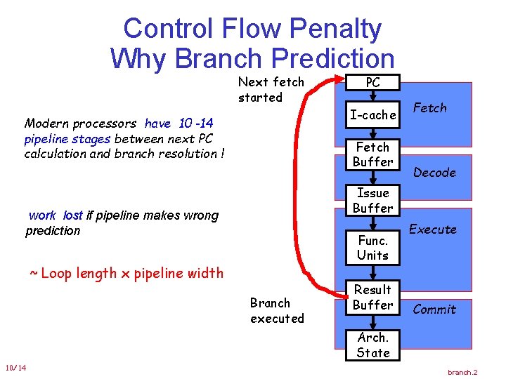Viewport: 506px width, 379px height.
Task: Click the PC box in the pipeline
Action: coord(372,82)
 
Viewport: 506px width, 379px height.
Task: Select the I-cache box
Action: coord(372,114)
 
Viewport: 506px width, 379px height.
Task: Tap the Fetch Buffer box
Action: coord(372,154)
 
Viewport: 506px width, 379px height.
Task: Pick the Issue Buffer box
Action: coord(372,200)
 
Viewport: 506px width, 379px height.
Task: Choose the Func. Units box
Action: coord(372,248)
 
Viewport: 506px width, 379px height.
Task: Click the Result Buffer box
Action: coord(372,297)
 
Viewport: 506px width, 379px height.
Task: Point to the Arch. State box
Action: coord(372,345)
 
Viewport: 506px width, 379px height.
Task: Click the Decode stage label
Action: coord(435,173)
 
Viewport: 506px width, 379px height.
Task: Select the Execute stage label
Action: coord(433,229)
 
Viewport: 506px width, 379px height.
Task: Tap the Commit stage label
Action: coord(434,309)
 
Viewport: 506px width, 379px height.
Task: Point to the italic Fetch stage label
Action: coord(430,107)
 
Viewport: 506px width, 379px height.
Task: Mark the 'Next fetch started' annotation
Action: coord(271,89)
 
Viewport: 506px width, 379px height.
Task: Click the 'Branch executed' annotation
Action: coord(277,310)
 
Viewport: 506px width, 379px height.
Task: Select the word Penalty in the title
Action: coord(336,29)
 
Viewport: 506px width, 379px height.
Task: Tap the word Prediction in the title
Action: coord(333,58)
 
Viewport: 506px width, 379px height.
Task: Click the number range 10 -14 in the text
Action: coord(196,123)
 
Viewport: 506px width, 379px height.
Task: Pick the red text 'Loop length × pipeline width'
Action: coord(126,273)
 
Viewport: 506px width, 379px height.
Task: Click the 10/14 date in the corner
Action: coord(15,368)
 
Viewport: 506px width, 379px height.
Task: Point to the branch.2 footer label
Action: coord(462,372)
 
